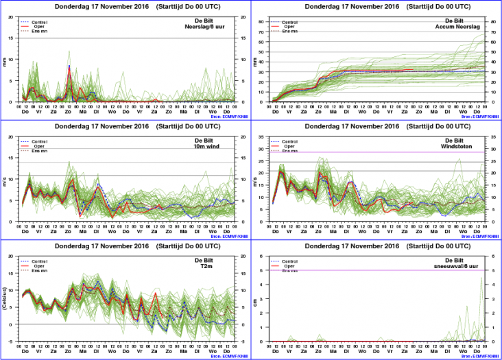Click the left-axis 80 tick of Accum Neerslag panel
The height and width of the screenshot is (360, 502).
pos(261,21)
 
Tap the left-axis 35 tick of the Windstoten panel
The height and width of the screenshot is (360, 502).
pos(261,136)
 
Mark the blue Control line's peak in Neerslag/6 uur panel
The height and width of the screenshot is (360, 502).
pos(69,66)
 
